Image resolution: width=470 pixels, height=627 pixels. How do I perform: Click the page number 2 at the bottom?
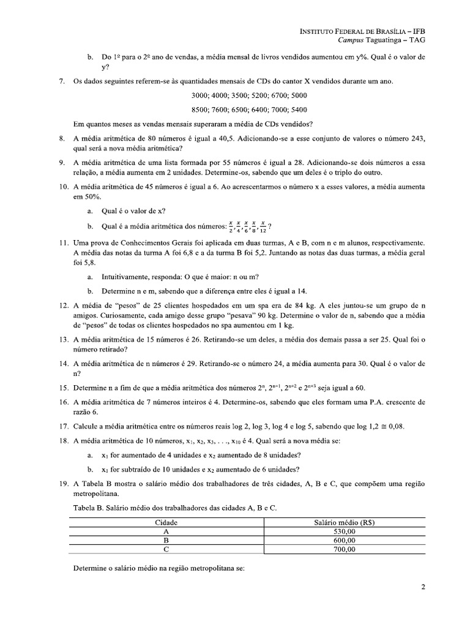(423, 588)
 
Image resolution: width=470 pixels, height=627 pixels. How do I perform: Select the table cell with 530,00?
(344, 532)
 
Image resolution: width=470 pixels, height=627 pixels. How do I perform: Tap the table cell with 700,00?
(344, 549)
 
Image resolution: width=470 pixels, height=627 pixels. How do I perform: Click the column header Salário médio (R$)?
(344, 523)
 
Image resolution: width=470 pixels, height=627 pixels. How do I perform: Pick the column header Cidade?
(167, 523)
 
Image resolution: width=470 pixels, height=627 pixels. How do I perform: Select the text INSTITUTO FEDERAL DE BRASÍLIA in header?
(354, 30)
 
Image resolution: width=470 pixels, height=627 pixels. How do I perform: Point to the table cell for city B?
(167, 541)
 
